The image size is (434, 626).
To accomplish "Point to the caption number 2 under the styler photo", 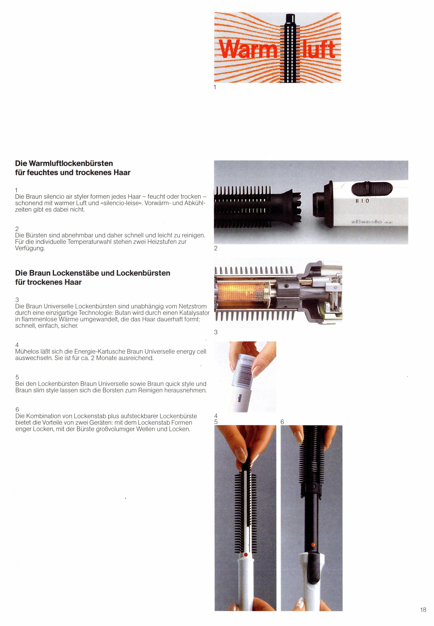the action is [x=216, y=248].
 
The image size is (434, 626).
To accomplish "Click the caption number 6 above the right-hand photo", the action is [x=282, y=422].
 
